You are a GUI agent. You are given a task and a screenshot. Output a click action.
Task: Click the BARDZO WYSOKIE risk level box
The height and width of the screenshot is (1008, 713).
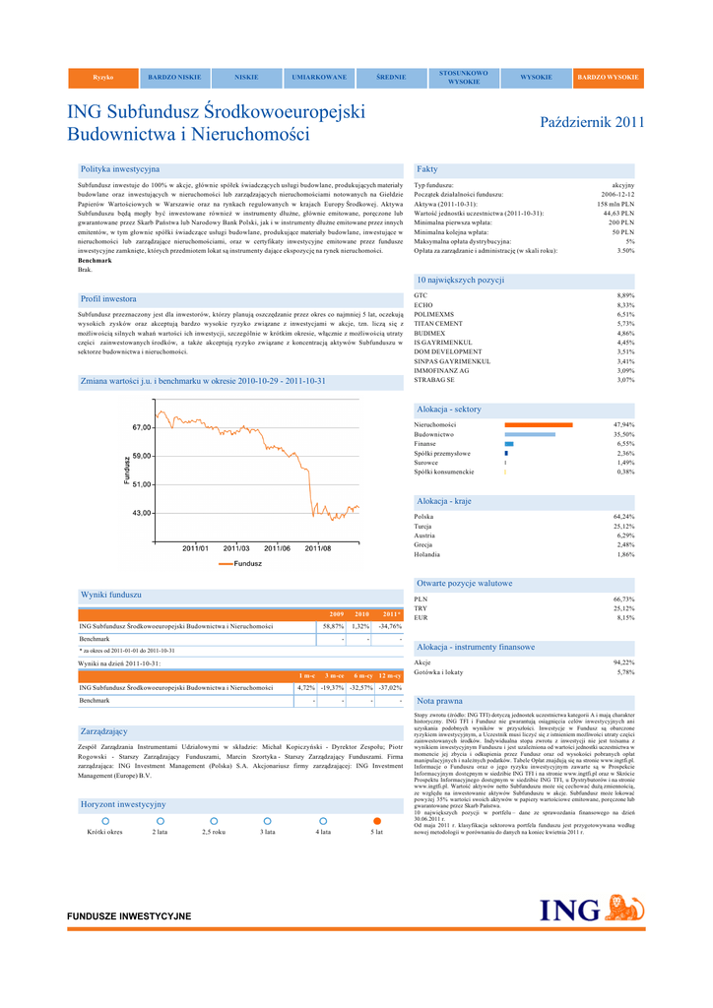608,77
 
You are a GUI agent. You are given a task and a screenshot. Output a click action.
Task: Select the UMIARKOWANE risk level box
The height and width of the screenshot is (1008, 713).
319,77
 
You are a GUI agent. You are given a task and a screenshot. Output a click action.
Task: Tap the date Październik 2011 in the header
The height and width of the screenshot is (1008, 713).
593,123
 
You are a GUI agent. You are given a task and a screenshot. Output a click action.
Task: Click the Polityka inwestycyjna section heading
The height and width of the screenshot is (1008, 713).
119,169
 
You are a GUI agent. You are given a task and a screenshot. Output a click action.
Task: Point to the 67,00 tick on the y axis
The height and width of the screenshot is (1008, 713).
141,427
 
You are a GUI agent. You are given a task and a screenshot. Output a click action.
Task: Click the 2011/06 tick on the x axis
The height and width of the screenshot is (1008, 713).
277,547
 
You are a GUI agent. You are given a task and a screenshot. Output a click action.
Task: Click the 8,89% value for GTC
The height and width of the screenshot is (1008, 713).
624,295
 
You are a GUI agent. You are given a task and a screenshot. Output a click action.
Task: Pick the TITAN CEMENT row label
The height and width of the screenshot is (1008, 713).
438,324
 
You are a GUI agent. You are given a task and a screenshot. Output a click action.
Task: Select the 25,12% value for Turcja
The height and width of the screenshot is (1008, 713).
623,526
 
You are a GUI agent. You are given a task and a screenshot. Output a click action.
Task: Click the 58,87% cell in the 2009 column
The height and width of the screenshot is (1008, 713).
332,626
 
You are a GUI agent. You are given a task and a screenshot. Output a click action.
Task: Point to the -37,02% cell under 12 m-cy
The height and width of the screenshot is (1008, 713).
390,687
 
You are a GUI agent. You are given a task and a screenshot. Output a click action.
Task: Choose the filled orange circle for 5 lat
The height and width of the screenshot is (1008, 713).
376,820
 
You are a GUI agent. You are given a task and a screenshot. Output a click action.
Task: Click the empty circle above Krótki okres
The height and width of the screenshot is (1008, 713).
103,820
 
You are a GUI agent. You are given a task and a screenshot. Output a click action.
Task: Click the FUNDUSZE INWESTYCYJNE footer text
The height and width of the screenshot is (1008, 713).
129,916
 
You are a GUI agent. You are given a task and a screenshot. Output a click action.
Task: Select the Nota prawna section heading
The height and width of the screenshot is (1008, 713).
439,701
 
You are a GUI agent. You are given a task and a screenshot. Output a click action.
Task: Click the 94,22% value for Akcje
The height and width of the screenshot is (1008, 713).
623,662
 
